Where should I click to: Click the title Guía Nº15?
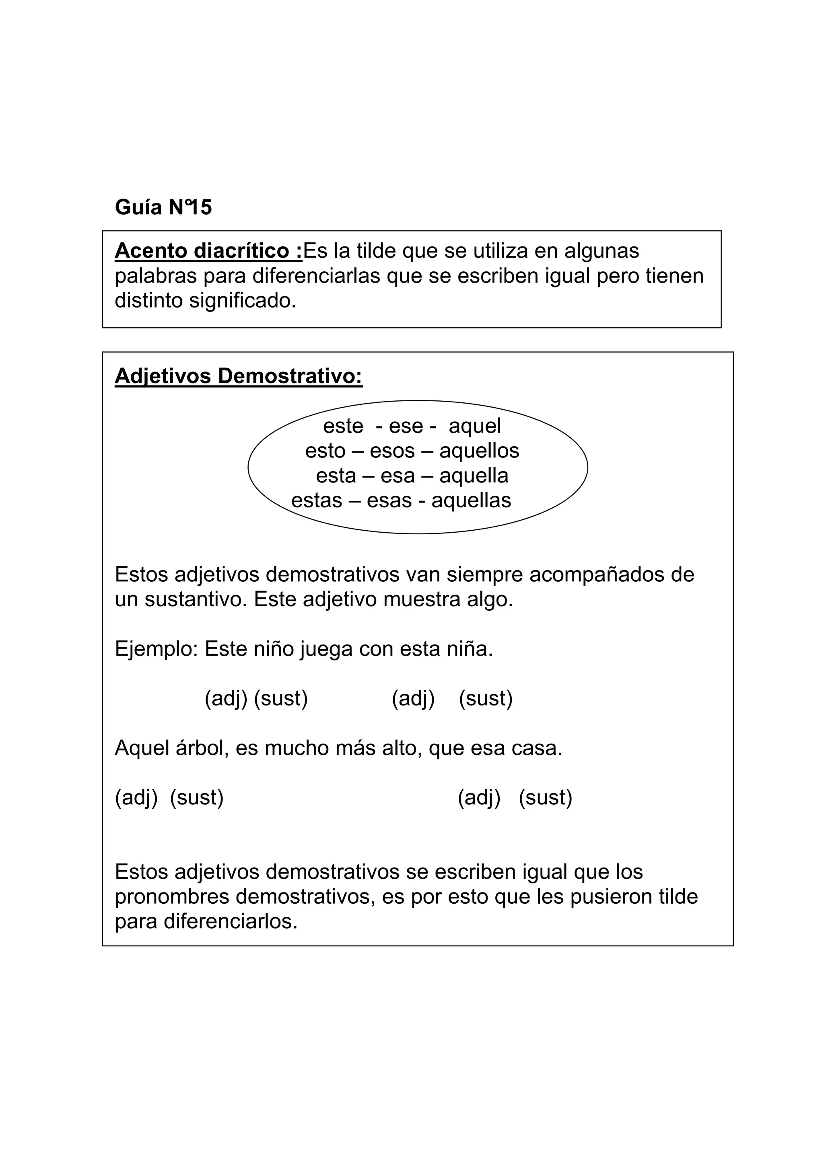(163, 207)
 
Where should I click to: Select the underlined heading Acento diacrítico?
(208, 251)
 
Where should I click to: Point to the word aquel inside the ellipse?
(475, 426)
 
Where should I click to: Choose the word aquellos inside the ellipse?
(479, 451)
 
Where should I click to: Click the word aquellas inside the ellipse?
(471, 501)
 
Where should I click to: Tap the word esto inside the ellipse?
(325, 451)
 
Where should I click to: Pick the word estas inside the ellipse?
(316, 501)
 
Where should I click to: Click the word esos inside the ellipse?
(392, 451)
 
